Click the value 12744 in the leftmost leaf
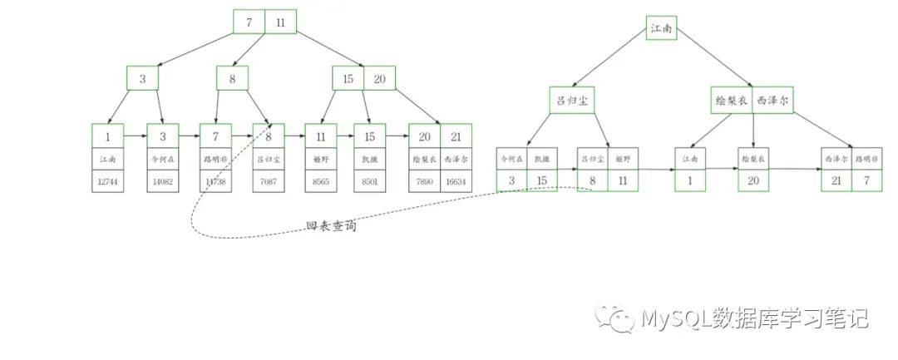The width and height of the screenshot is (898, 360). coord(108,181)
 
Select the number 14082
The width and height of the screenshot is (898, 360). coord(162,181)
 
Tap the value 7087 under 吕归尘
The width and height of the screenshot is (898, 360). coord(269,181)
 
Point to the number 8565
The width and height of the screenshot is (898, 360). coord(320,181)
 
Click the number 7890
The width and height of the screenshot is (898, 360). coord(424,181)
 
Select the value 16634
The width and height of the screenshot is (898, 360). coord(456,181)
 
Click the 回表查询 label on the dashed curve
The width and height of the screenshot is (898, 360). coord(331,225)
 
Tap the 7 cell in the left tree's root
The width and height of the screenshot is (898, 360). coord(249,22)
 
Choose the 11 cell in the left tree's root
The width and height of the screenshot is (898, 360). coord(280,22)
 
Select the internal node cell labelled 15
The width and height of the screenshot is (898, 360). coord(348,79)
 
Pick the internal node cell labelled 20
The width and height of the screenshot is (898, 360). coord(379,79)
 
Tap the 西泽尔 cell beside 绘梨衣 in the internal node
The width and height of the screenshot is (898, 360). coord(772,100)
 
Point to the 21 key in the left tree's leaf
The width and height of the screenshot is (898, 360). coord(456,136)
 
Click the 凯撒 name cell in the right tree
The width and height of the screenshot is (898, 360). coord(542,157)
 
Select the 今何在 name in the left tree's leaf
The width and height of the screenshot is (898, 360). coord(162,158)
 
